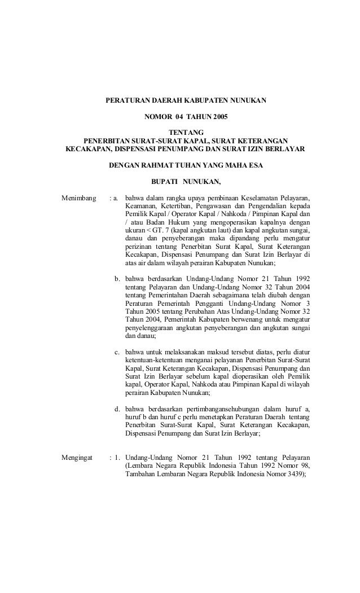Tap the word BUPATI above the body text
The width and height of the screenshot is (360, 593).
click(164, 182)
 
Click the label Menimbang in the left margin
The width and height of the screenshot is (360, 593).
click(77, 199)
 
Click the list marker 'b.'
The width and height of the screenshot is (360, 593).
click(117, 278)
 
